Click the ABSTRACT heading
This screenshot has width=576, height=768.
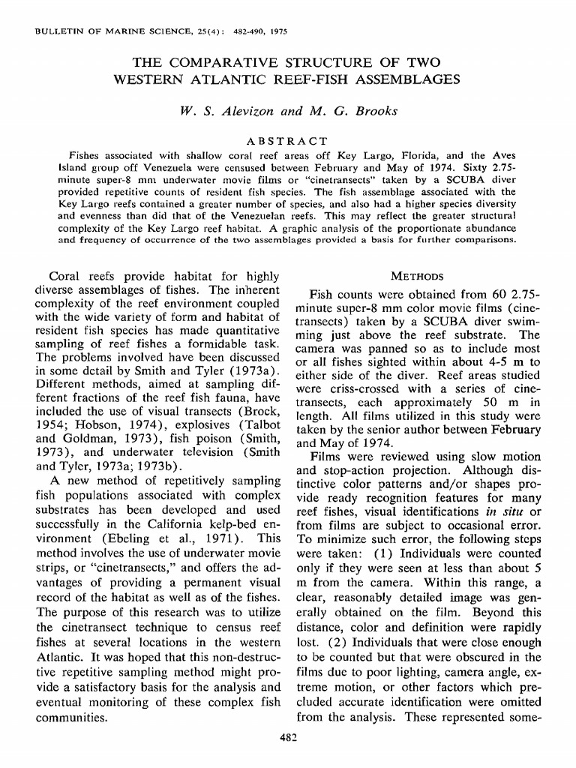coord(287,140)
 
